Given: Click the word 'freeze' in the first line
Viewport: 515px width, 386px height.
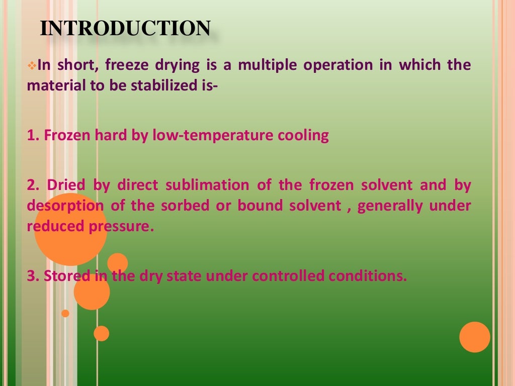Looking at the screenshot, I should point(150,65).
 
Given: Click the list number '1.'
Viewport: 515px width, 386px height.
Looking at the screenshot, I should point(33,136).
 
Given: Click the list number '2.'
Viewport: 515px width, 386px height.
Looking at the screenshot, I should point(33,185).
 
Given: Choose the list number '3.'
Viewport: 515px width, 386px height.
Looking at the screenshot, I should point(33,276).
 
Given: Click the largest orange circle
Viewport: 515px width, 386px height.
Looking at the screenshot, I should point(70,229).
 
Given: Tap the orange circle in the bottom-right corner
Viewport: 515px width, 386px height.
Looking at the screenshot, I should point(474,337).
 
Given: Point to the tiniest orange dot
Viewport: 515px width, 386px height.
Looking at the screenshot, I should point(65,313).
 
